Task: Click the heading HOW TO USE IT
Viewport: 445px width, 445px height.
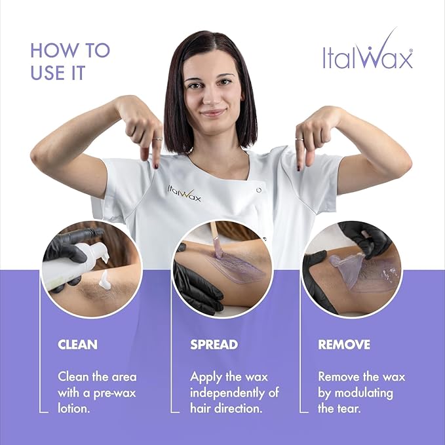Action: tap(70, 61)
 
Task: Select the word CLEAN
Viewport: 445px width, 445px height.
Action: tap(77, 344)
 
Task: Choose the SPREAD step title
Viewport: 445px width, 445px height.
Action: tap(214, 344)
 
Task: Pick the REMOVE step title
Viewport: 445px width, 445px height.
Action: tap(344, 344)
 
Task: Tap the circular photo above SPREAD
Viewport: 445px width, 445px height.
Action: tap(222, 269)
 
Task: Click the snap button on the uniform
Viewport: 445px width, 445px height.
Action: tap(260, 189)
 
